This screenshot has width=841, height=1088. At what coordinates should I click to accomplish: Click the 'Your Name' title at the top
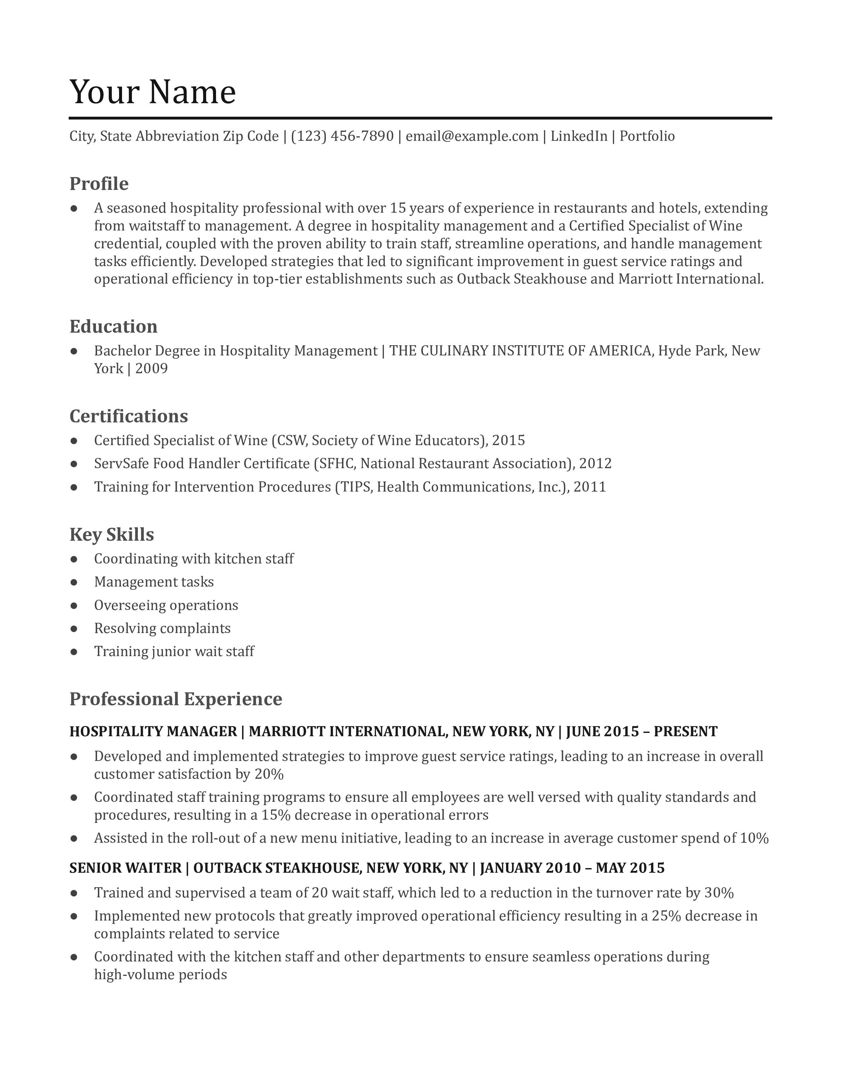click(x=152, y=92)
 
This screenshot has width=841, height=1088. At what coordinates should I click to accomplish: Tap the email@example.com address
click(x=472, y=136)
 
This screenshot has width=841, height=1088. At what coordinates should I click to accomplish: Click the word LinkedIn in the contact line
click(x=578, y=136)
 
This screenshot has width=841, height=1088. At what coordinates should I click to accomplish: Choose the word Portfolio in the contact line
click(x=647, y=136)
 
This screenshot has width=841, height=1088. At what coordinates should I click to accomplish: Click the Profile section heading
click(x=99, y=184)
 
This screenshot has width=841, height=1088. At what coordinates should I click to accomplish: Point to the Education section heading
click(x=113, y=327)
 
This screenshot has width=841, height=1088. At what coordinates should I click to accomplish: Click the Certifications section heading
click(x=129, y=416)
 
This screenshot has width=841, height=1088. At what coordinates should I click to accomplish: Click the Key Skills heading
click(x=111, y=534)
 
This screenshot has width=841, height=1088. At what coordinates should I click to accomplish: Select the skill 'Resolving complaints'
click(x=162, y=628)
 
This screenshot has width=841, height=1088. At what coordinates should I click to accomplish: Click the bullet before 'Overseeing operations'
click(x=74, y=605)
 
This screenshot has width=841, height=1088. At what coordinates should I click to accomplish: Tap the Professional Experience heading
click(x=175, y=699)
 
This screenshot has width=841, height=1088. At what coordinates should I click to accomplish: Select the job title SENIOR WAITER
click(x=125, y=868)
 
